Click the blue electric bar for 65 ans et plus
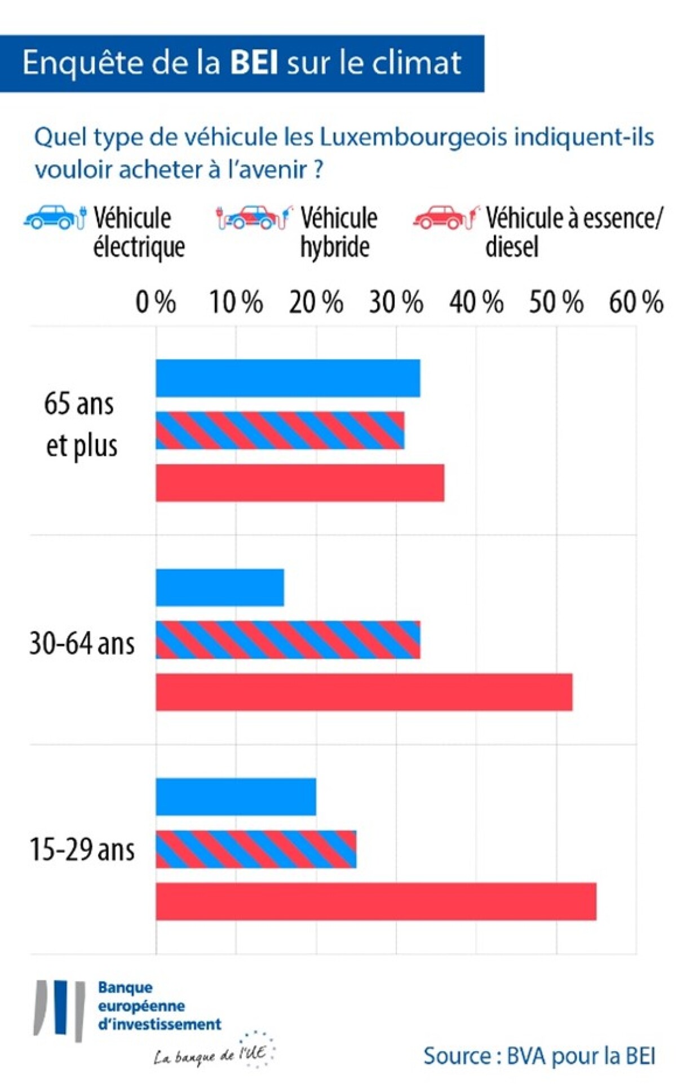(x=288, y=378)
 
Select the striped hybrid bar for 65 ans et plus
(x=280, y=430)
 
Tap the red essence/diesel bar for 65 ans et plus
(x=300, y=483)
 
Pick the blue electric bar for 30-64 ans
(x=220, y=588)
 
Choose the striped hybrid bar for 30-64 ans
(x=288, y=640)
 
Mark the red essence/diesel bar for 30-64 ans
(x=364, y=692)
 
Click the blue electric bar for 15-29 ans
(x=236, y=797)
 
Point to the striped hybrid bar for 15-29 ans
(x=256, y=849)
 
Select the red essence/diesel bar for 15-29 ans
(x=376, y=901)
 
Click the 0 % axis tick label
(x=156, y=302)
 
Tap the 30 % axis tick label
(x=396, y=302)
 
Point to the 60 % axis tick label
(x=636, y=302)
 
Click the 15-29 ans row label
(x=82, y=850)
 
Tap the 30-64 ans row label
(x=82, y=643)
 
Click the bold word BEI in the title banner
(x=254, y=63)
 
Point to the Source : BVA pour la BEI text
(x=539, y=1056)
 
